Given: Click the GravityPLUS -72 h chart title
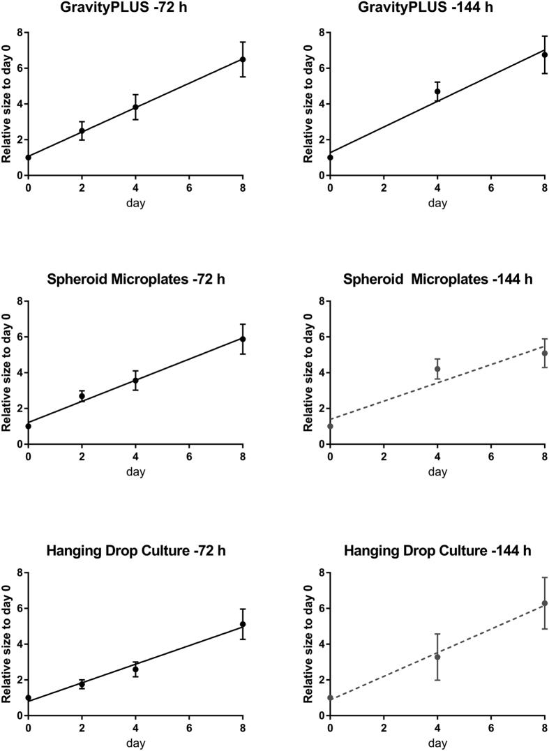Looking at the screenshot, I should tap(135, 9).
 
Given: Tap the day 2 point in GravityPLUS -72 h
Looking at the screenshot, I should tap(82, 131).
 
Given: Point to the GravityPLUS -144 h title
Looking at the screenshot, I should tap(437, 9).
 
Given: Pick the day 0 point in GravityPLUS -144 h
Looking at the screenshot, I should tap(330, 158).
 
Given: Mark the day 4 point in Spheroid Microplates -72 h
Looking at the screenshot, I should tap(135, 380).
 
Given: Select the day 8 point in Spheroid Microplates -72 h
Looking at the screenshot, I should tap(243, 339).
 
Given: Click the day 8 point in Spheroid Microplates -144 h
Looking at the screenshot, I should tap(545, 353).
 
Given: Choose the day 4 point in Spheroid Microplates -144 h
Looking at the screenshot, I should tap(437, 369).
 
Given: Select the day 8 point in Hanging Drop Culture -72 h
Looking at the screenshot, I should tap(243, 624).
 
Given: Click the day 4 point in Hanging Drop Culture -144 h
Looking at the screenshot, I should tap(437, 657).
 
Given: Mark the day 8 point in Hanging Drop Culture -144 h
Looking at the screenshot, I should tap(545, 603).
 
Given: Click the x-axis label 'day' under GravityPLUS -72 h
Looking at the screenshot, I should tap(135, 203).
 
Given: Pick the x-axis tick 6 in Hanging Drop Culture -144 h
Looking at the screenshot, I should tap(491, 728).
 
